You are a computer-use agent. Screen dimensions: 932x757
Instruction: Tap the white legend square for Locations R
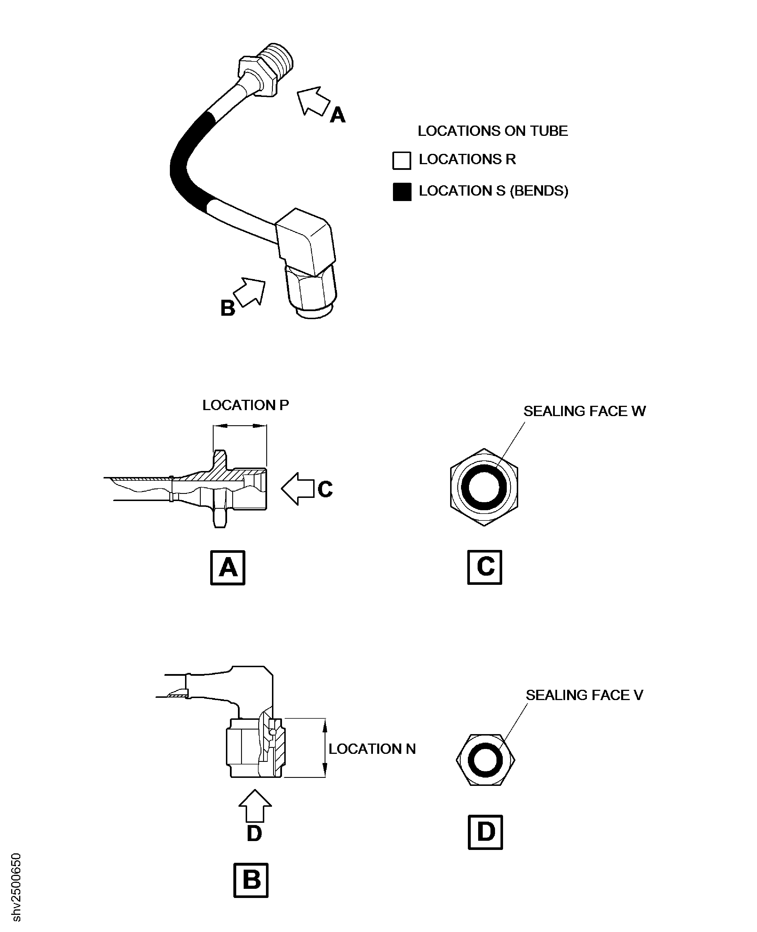[401, 160]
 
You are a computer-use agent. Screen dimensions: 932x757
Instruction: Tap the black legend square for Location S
[402, 192]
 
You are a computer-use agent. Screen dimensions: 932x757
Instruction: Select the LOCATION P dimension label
[245, 405]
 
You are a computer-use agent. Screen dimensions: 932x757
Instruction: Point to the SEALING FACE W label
[584, 411]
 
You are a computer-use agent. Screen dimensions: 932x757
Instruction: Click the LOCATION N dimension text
[372, 749]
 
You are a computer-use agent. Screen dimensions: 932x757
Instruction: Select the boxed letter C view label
[484, 567]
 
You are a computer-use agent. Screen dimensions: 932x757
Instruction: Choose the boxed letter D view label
[485, 832]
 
